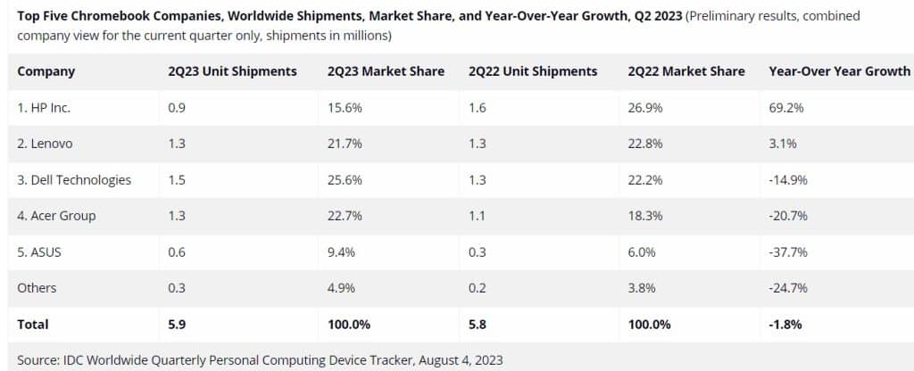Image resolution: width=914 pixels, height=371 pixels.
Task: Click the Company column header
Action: click(46, 71)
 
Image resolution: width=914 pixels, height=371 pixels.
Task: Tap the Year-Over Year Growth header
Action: click(839, 71)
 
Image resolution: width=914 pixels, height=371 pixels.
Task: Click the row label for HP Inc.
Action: click(44, 107)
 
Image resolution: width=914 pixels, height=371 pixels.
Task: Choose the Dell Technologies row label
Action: click(74, 179)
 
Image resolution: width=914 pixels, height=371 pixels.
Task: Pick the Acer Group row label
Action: click(56, 216)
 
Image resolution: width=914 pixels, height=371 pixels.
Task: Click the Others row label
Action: click(37, 288)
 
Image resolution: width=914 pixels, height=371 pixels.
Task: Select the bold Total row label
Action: click(33, 324)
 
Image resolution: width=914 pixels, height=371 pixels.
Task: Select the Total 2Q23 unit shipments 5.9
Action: click(178, 324)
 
